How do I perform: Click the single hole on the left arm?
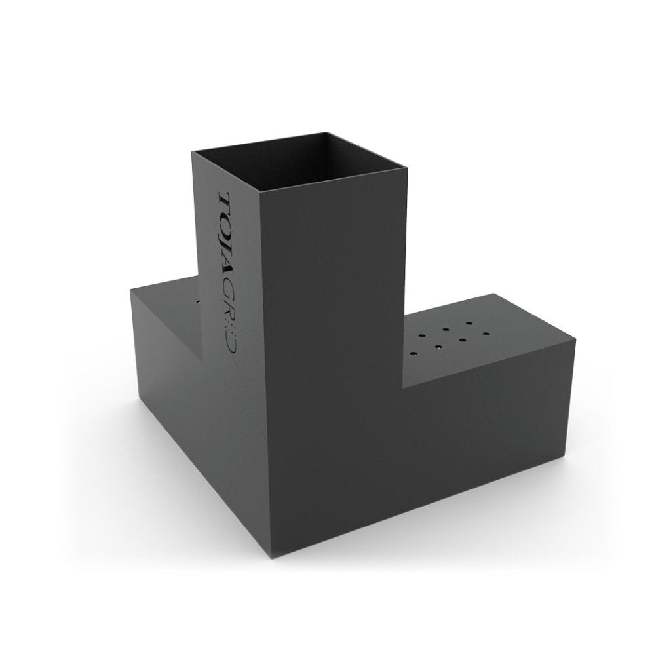[199, 303]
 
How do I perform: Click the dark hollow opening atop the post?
[299, 161]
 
